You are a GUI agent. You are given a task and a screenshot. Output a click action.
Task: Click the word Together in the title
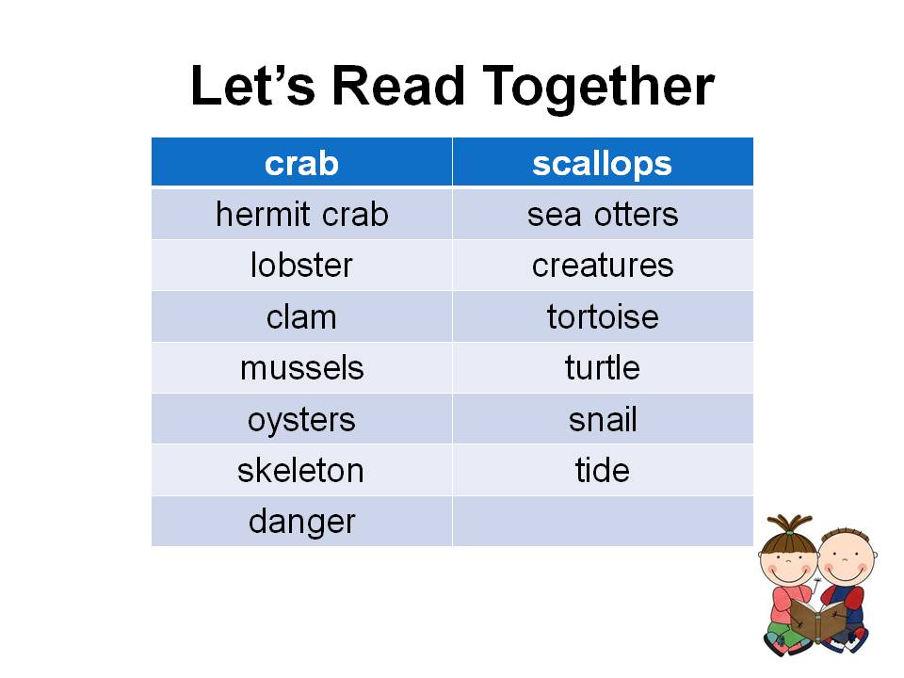pos(599,88)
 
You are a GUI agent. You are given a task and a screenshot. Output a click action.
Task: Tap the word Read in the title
pos(398,87)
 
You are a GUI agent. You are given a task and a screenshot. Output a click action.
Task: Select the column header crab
pos(301,163)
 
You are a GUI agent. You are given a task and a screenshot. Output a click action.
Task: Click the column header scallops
pos(603,163)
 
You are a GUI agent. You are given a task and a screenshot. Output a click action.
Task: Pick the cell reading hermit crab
pos(301,215)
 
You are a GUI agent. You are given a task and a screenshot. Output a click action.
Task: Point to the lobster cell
pos(301,266)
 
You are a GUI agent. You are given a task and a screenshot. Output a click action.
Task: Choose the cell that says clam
pos(301,316)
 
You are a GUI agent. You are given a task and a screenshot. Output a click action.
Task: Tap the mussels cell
pos(301,367)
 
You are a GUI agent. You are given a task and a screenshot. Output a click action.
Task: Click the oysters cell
pos(301,419)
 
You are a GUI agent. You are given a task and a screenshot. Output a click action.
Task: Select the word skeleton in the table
pos(301,470)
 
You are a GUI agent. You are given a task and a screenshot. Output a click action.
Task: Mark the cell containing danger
pos(301,521)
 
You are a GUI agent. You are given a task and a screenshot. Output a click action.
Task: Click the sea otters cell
pos(603,215)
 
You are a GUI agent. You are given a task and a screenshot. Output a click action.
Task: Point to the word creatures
pos(603,266)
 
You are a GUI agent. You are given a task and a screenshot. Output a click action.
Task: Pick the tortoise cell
pos(603,316)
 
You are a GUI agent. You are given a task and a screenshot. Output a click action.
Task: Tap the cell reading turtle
pos(603,367)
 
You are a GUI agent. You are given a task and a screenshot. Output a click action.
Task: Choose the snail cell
pos(603,419)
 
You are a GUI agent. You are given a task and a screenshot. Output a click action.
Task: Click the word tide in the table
pos(603,470)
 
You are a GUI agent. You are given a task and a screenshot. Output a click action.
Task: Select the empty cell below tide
pos(603,521)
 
